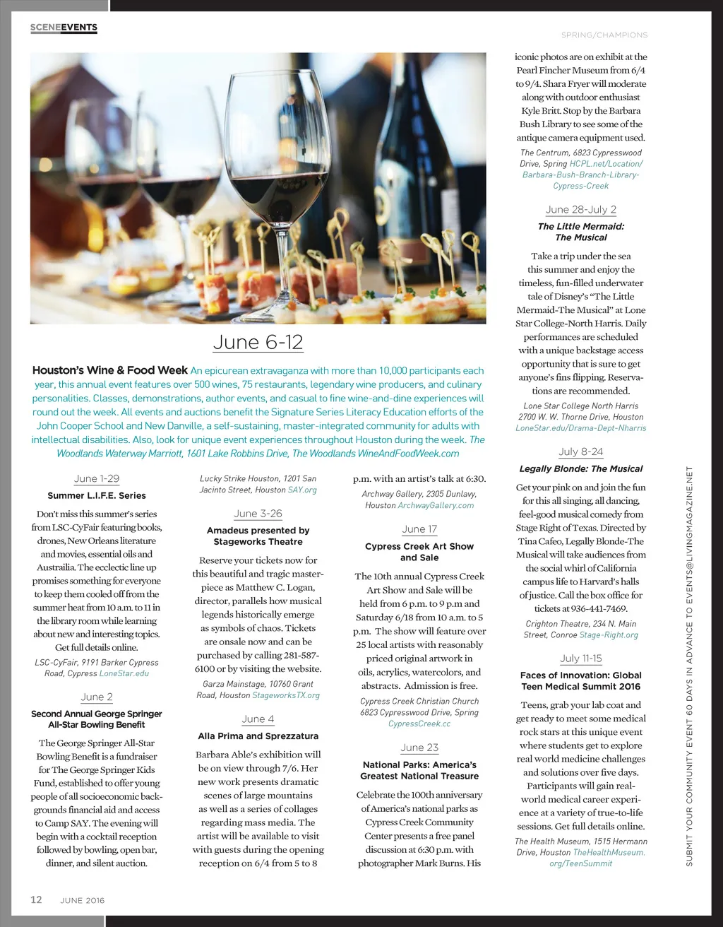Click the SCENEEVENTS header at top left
pyautogui.click(x=64, y=28)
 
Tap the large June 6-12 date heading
pyautogui.click(x=258, y=343)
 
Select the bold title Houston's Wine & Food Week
pyautogui.click(x=110, y=370)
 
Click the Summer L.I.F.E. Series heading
pyautogui.click(x=97, y=496)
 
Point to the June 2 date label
pyautogui.click(x=97, y=697)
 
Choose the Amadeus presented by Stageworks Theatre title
pyautogui.click(x=258, y=536)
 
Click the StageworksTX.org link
pyautogui.click(x=286, y=695)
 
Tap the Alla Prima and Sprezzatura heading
pyautogui.click(x=258, y=736)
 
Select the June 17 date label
pyautogui.click(x=419, y=529)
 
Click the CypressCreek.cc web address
pyautogui.click(x=419, y=724)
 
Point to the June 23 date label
pyautogui.click(x=419, y=748)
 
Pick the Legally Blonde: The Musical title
pyautogui.click(x=581, y=469)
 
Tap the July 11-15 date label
pyautogui.click(x=581, y=659)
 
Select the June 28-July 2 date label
pyautogui.click(x=581, y=210)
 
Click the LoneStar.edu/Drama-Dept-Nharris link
pyautogui.click(x=581, y=428)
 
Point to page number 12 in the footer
pyautogui.click(x=36, y=899)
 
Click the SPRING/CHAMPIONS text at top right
pyautogui.click(x=604, y=35)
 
